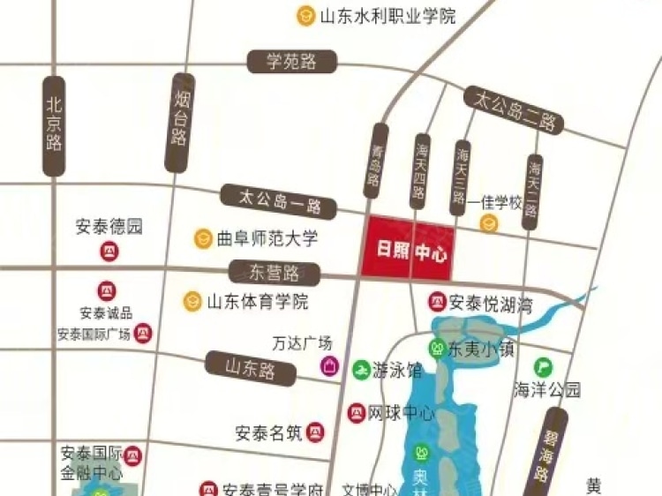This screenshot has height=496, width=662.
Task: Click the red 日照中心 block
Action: pos(407,248)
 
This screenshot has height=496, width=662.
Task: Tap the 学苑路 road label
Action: pos(290,62)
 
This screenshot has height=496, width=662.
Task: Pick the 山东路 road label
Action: pos(251,364)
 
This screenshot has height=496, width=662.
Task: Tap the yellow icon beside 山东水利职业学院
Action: pos(305,15)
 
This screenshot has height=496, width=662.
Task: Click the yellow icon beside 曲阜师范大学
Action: pos(204,238)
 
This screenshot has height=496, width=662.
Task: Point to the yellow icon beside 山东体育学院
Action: pos(192,301)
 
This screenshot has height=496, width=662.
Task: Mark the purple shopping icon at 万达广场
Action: pos(329,365)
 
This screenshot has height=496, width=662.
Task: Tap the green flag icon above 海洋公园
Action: pos(542,364)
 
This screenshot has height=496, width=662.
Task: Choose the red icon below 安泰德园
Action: pos(109,253)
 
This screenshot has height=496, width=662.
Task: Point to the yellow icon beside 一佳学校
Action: pos(488,223)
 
